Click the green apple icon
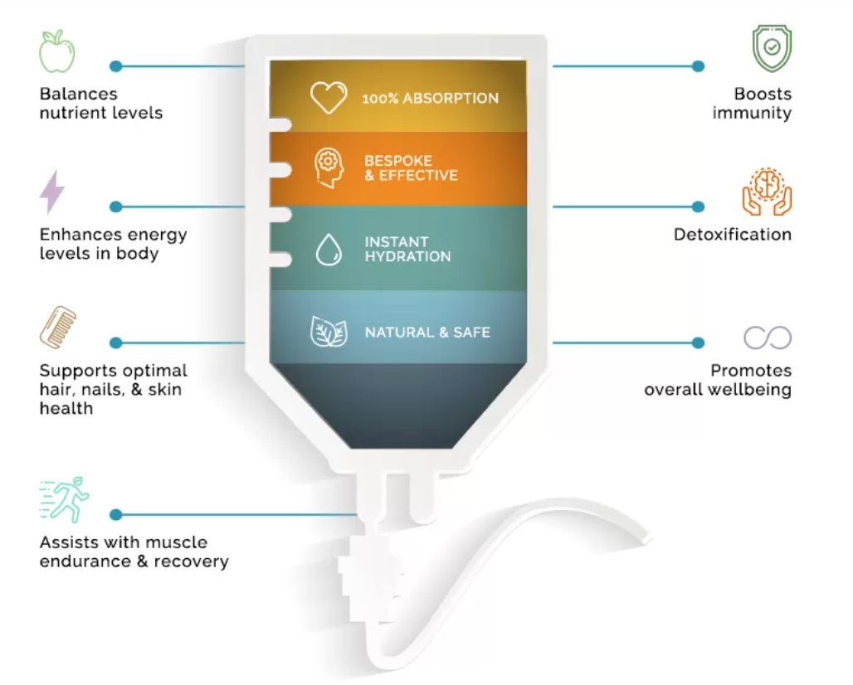click(56, 51)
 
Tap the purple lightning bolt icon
click(52, 192)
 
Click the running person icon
click(64, 499)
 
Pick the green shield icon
click(772, 48)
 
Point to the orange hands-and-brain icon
click(767, 192)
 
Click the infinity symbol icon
click(768, 338)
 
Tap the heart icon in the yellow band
click(329, 97)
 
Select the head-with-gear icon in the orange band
click(329, 168)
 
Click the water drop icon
click(329, 250)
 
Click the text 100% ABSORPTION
click(430, 98)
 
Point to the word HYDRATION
click(407, 257)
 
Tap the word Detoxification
click(732, 235)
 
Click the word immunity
click(752, 113)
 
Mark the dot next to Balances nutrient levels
click(116, 66)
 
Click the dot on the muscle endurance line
click(116, 515)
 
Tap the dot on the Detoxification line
click(698, 206)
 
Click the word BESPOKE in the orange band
click(398, 160)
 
